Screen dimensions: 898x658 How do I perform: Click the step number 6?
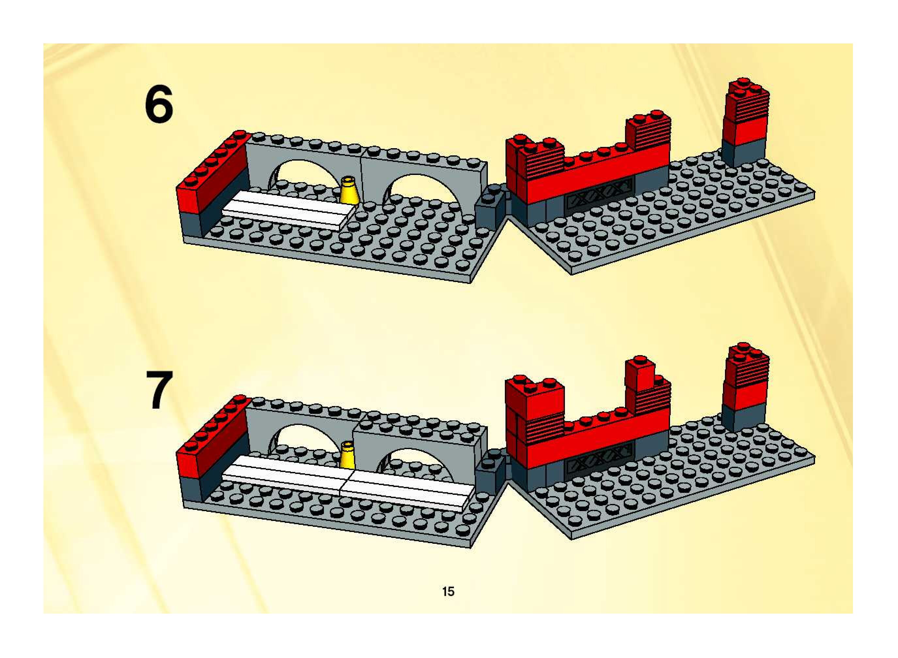(x=159, y=104)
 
